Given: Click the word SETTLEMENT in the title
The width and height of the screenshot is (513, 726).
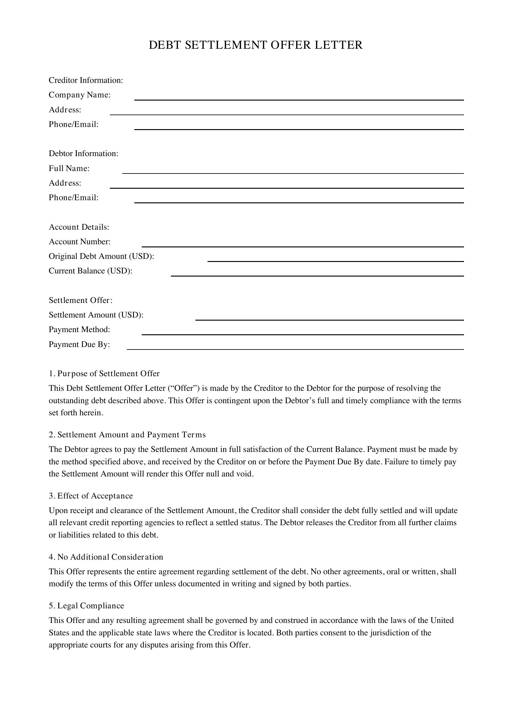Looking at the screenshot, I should pos(225,45).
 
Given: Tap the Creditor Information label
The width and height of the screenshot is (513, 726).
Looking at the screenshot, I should pos(86,80).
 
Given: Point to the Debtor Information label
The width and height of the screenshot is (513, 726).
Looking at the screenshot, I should pos(83,154).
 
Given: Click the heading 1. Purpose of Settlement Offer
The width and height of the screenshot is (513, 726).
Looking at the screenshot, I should pos(104,374).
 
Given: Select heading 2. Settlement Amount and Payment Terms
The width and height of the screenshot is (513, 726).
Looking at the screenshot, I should pos(127,435).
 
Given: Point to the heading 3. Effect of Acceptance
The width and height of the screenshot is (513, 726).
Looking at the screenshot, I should pos(91,496).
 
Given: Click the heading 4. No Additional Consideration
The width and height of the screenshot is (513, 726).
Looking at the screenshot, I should pos(106,557).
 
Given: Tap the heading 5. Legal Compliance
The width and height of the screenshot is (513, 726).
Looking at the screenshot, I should pos(87,606).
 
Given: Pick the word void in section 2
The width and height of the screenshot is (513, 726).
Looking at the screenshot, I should pos(246,474).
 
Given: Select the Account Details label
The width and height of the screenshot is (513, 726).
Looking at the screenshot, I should pos(79,227).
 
